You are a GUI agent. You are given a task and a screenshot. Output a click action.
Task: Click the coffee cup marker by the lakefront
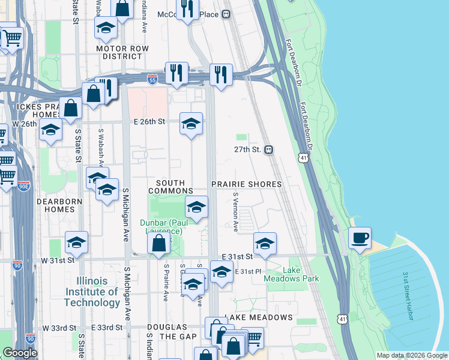[360, 238]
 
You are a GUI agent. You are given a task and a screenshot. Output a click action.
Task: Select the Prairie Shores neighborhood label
[246, 184]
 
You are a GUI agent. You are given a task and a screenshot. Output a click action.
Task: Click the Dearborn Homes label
[55, 206]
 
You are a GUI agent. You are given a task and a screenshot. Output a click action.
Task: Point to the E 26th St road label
[149, 121]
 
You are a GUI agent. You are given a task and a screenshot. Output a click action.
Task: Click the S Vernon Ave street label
[235, 212]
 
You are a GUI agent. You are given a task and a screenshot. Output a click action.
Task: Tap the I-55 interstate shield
[153, 77]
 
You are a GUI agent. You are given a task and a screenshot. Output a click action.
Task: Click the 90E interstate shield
[24, 186]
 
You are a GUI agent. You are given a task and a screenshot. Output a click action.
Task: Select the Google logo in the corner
[20, 353]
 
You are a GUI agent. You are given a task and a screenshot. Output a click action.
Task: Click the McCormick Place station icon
[227, 14]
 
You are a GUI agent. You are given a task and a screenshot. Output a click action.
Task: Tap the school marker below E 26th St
[191, 124]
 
